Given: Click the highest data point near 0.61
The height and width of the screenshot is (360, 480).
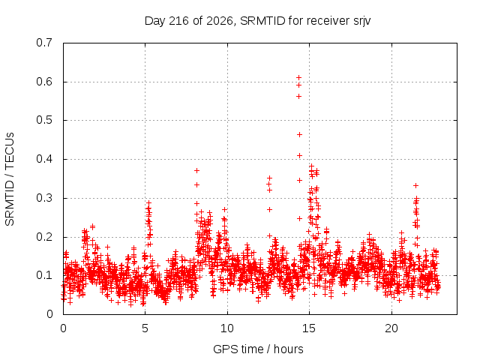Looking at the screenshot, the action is coord(298,78).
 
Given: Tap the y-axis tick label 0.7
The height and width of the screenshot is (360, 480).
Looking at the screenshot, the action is coord(44,43).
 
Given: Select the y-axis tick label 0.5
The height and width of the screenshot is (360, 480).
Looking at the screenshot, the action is coord(44,120).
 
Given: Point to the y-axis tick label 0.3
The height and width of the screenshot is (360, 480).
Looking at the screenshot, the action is coord(44,198).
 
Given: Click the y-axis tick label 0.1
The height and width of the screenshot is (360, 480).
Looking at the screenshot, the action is coord(44,275).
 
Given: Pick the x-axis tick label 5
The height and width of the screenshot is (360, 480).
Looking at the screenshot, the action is coord(145,328).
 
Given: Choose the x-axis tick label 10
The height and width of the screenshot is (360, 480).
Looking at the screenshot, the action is coord(227,328).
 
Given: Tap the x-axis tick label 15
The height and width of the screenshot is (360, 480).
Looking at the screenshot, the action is coord(309,328).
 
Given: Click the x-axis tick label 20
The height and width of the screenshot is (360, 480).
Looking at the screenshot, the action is coord(391,328).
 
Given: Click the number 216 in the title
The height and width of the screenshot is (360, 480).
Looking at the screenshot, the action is coord(178,21).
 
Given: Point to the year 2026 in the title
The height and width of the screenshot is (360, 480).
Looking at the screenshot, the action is coord(220,21).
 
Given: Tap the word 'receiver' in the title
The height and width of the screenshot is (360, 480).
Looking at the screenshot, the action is coord(328,21).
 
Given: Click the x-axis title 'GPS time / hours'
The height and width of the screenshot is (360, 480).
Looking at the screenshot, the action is coord(258,349).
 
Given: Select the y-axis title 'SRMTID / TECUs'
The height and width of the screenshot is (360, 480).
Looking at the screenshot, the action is coord(10,179).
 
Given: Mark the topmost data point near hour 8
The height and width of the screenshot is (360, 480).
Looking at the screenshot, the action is coord(196,170).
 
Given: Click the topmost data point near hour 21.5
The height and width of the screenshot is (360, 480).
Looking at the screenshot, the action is coord(415,185).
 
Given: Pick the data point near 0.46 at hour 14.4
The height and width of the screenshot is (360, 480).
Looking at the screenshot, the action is coord(299,135).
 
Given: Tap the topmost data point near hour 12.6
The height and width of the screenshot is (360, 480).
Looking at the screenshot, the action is coord(269,178).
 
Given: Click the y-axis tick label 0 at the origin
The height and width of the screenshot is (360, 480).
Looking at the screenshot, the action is coord(49,314).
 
